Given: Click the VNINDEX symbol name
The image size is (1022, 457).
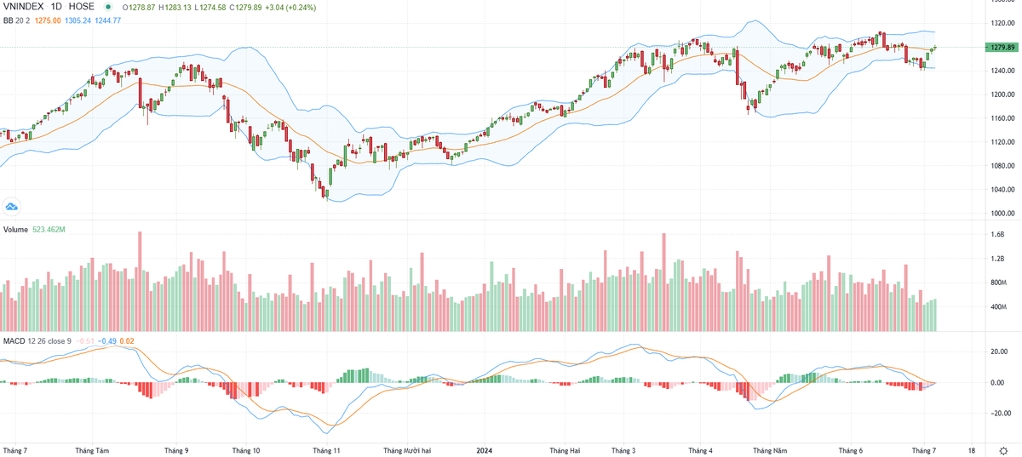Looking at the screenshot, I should coord(23,6).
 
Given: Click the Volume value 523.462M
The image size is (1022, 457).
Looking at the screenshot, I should coord(50,230).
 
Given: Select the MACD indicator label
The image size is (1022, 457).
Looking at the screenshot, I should coord(13,340).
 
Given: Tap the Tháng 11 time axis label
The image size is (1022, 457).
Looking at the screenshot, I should coord(326,449).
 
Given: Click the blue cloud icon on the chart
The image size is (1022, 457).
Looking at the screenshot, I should coord(12,206).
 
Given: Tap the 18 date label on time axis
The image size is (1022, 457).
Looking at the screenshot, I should coord(972,449).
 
